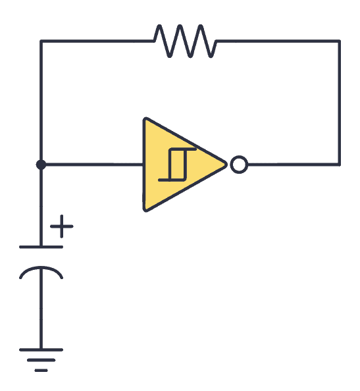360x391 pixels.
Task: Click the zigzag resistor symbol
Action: click(x=184, y=41)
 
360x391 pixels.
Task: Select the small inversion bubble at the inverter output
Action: click(x=239, y=165)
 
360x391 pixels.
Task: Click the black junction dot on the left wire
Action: click(x=41, y=165)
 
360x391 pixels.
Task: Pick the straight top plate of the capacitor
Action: click(x=41, y=247)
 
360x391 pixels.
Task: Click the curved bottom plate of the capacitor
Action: click(x=41, y=271)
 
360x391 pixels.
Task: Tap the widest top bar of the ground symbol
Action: click(x=41, y=350)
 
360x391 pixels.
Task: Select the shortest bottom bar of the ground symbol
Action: click(x=41, y=370)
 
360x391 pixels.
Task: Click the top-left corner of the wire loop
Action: click(x=41, y=41)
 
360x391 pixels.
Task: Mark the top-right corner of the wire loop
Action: click(x=340, y=41)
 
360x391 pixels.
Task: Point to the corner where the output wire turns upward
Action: click(x=340, y=165)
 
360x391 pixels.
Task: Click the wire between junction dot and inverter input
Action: click(x=92, y=165)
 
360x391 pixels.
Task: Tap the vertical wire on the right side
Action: click(x=340, y=102)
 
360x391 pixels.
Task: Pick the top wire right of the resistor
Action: click(x=276, y=41)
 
